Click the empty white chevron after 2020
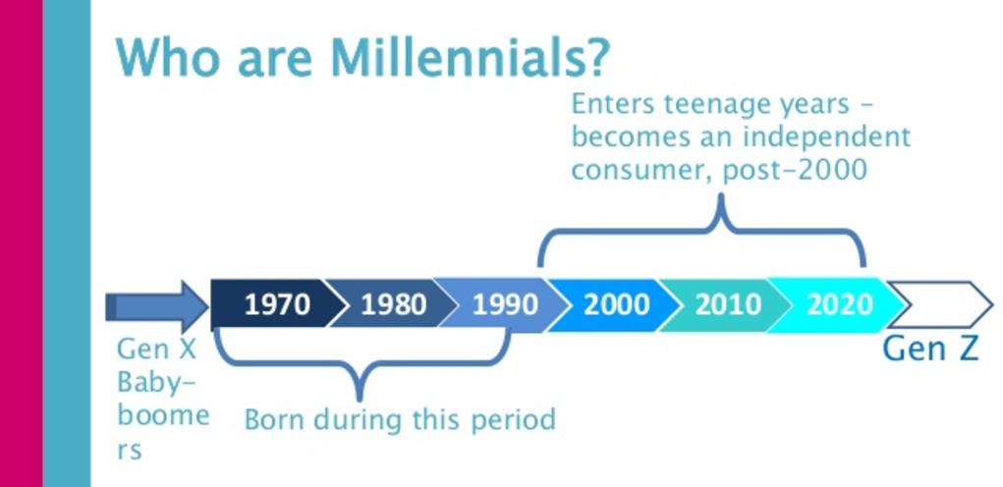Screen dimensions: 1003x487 (941, 304)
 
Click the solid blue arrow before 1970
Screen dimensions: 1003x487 (157, 306)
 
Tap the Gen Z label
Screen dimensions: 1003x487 (930, 349)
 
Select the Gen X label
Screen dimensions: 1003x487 (157, 350)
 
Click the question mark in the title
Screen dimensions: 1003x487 (595, 58)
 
